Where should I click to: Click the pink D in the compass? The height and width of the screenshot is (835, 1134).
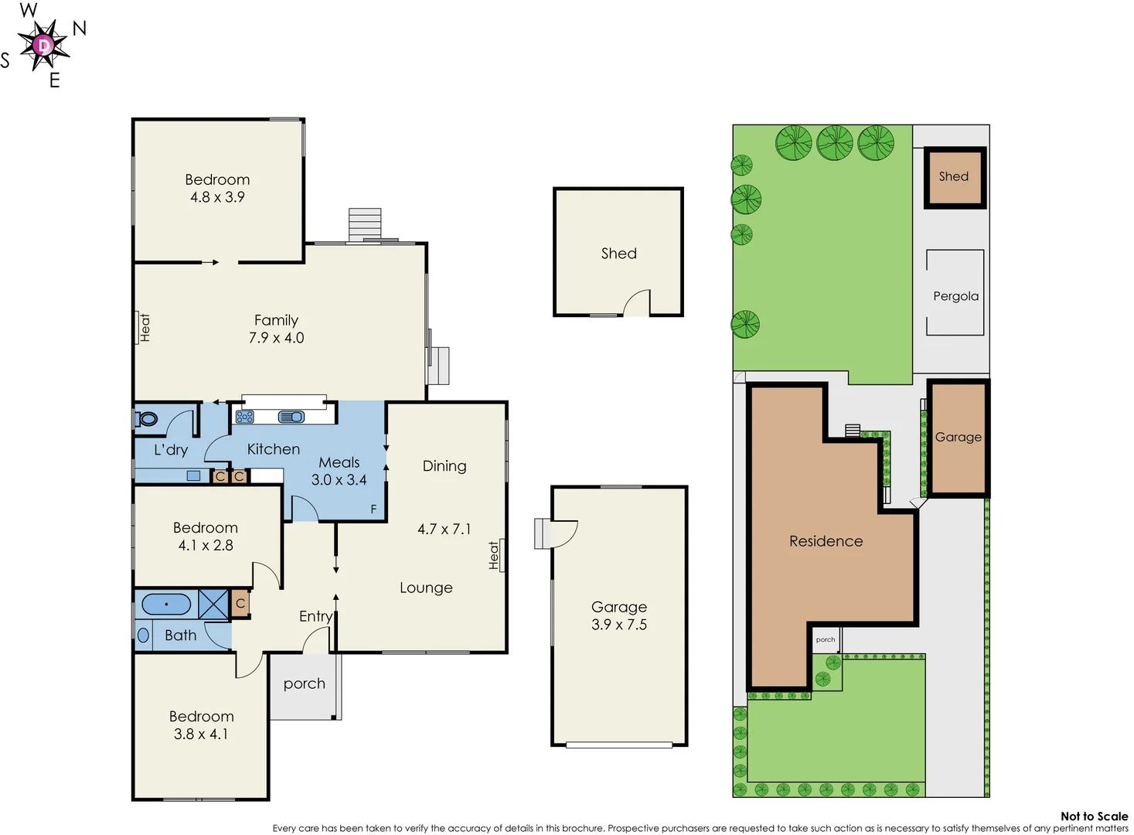(x=44, y=46)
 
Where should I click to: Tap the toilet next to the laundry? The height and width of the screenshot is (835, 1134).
(x=147, y=419)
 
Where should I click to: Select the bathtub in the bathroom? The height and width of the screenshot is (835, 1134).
(x=166, y=604)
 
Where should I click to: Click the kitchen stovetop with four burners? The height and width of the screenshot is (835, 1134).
(x=245, y=417)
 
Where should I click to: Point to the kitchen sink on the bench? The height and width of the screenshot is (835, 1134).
(x=291, y=417)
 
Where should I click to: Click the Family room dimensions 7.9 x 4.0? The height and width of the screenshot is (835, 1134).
(x=276, y=338)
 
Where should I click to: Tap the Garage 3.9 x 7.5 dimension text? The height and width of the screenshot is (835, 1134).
(x=618, y=625)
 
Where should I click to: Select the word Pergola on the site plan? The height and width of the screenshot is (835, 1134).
(x=955, y=296)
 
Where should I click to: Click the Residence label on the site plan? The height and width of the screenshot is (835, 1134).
(x=826, y=541)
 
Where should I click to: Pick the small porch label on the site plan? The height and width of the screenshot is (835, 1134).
(x=825, y=639)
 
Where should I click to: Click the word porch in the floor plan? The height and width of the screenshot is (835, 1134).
(x=304, y=683)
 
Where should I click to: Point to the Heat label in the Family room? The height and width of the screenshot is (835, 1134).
(x=145, y=328)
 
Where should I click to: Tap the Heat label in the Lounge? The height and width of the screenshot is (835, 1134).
(x=494, y=555)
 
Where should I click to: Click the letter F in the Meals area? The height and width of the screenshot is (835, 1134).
(x=373, y=509)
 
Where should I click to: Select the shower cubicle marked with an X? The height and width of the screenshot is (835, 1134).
(x=213, y=604)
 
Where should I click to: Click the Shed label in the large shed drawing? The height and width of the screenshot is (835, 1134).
(x=618, y=254)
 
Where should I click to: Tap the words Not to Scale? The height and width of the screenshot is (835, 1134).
(x=1094, y=816)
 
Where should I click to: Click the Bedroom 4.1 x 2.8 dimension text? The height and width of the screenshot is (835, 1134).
(x=206, y=545)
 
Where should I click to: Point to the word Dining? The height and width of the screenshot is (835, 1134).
(x=444, y=465)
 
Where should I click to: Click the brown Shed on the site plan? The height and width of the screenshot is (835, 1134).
(x=955, y=177)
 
